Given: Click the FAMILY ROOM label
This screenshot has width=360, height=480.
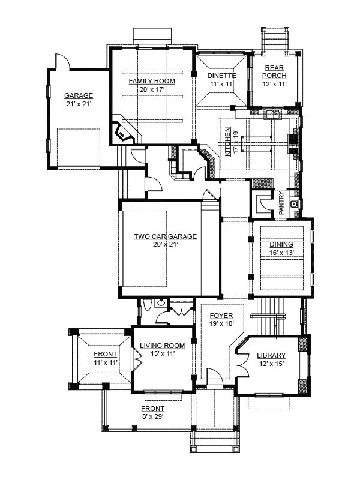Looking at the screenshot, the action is click(152, 81).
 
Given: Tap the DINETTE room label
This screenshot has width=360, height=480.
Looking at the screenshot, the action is click(222, 76).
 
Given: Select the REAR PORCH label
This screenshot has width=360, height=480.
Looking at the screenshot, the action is click(274, 71).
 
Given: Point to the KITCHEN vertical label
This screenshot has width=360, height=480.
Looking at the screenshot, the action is click(228, 142).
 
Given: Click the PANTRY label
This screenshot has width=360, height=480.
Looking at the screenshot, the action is click(281, 203).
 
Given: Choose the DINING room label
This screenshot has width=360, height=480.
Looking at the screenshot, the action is click(281, 244).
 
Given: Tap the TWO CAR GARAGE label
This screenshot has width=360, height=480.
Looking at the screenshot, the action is click(166, 236).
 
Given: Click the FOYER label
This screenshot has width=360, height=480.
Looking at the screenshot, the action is click(221, 316).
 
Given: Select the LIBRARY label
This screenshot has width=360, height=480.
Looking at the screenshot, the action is click(271, 355).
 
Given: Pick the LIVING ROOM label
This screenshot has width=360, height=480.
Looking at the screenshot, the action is click(162, 346).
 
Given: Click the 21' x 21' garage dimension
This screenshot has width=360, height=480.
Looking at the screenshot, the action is click(79, 104).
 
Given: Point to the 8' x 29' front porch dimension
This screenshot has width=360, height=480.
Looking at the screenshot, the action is click(152, 416).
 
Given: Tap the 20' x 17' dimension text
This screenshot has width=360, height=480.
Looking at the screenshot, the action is click(152, 89).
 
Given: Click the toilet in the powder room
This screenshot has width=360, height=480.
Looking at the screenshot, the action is click(147, 305).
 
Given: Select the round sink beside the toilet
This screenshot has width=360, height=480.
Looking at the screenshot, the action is click(161, 304).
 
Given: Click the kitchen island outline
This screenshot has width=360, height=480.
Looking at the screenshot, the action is click(257, 143).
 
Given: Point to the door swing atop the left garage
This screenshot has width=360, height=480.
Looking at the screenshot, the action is click(62, 61).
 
